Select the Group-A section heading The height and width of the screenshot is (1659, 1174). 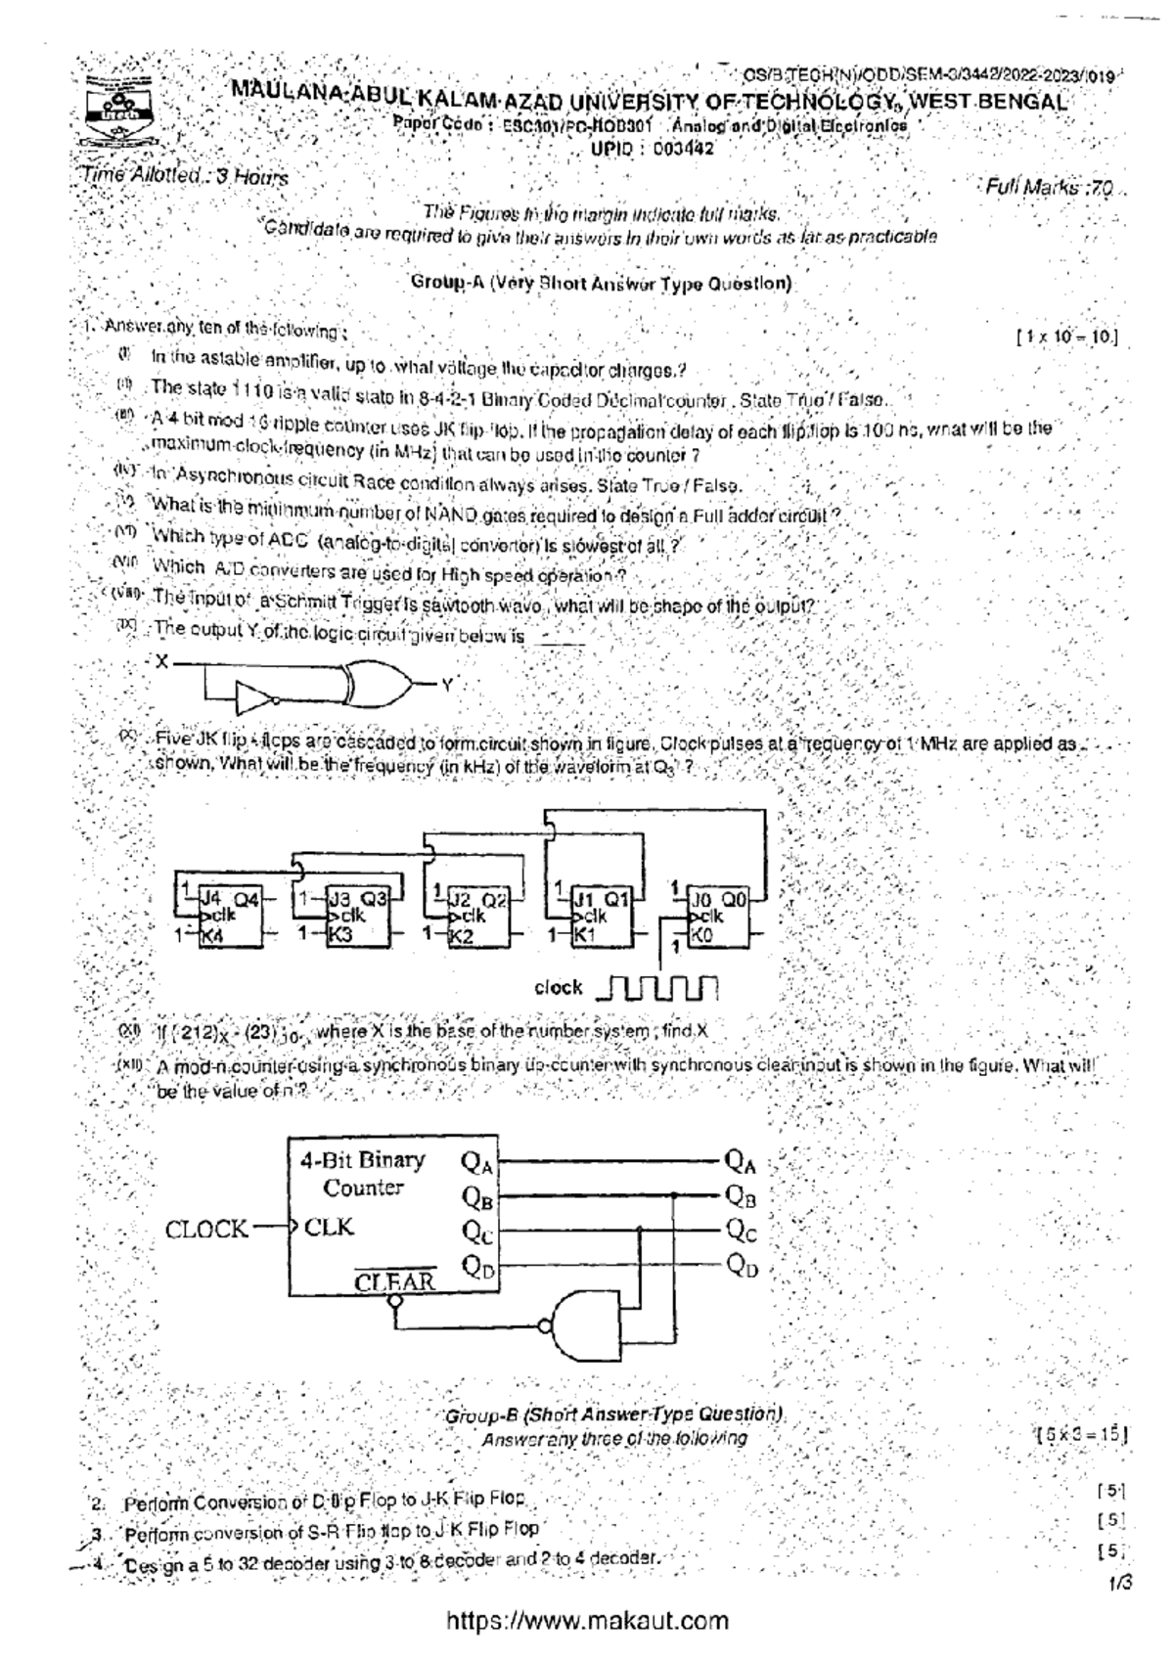(601, 284)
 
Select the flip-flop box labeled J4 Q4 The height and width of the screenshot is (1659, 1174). (228, 917)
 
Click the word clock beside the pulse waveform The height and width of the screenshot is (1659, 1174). (559, 988)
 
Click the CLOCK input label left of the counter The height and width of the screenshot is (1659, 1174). (206, 1230)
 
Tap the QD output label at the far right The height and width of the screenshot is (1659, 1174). (743, 1268)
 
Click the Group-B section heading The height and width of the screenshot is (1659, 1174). (614, 1414)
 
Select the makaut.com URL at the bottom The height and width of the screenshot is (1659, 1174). (587, 1621)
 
